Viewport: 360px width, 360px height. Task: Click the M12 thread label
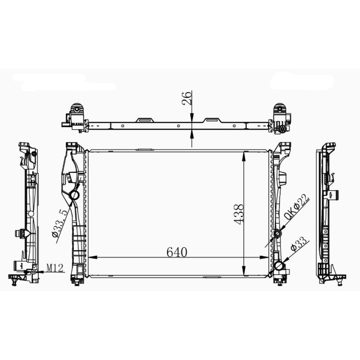coord(54,267)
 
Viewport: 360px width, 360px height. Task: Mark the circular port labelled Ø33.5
coord(74,196)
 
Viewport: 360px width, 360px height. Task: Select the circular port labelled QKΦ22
coord(277,234)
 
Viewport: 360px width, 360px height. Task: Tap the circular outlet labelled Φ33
coord(278,266)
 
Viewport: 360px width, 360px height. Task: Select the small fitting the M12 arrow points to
coord(34,271)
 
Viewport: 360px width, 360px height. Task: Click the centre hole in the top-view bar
coord(178,125)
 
